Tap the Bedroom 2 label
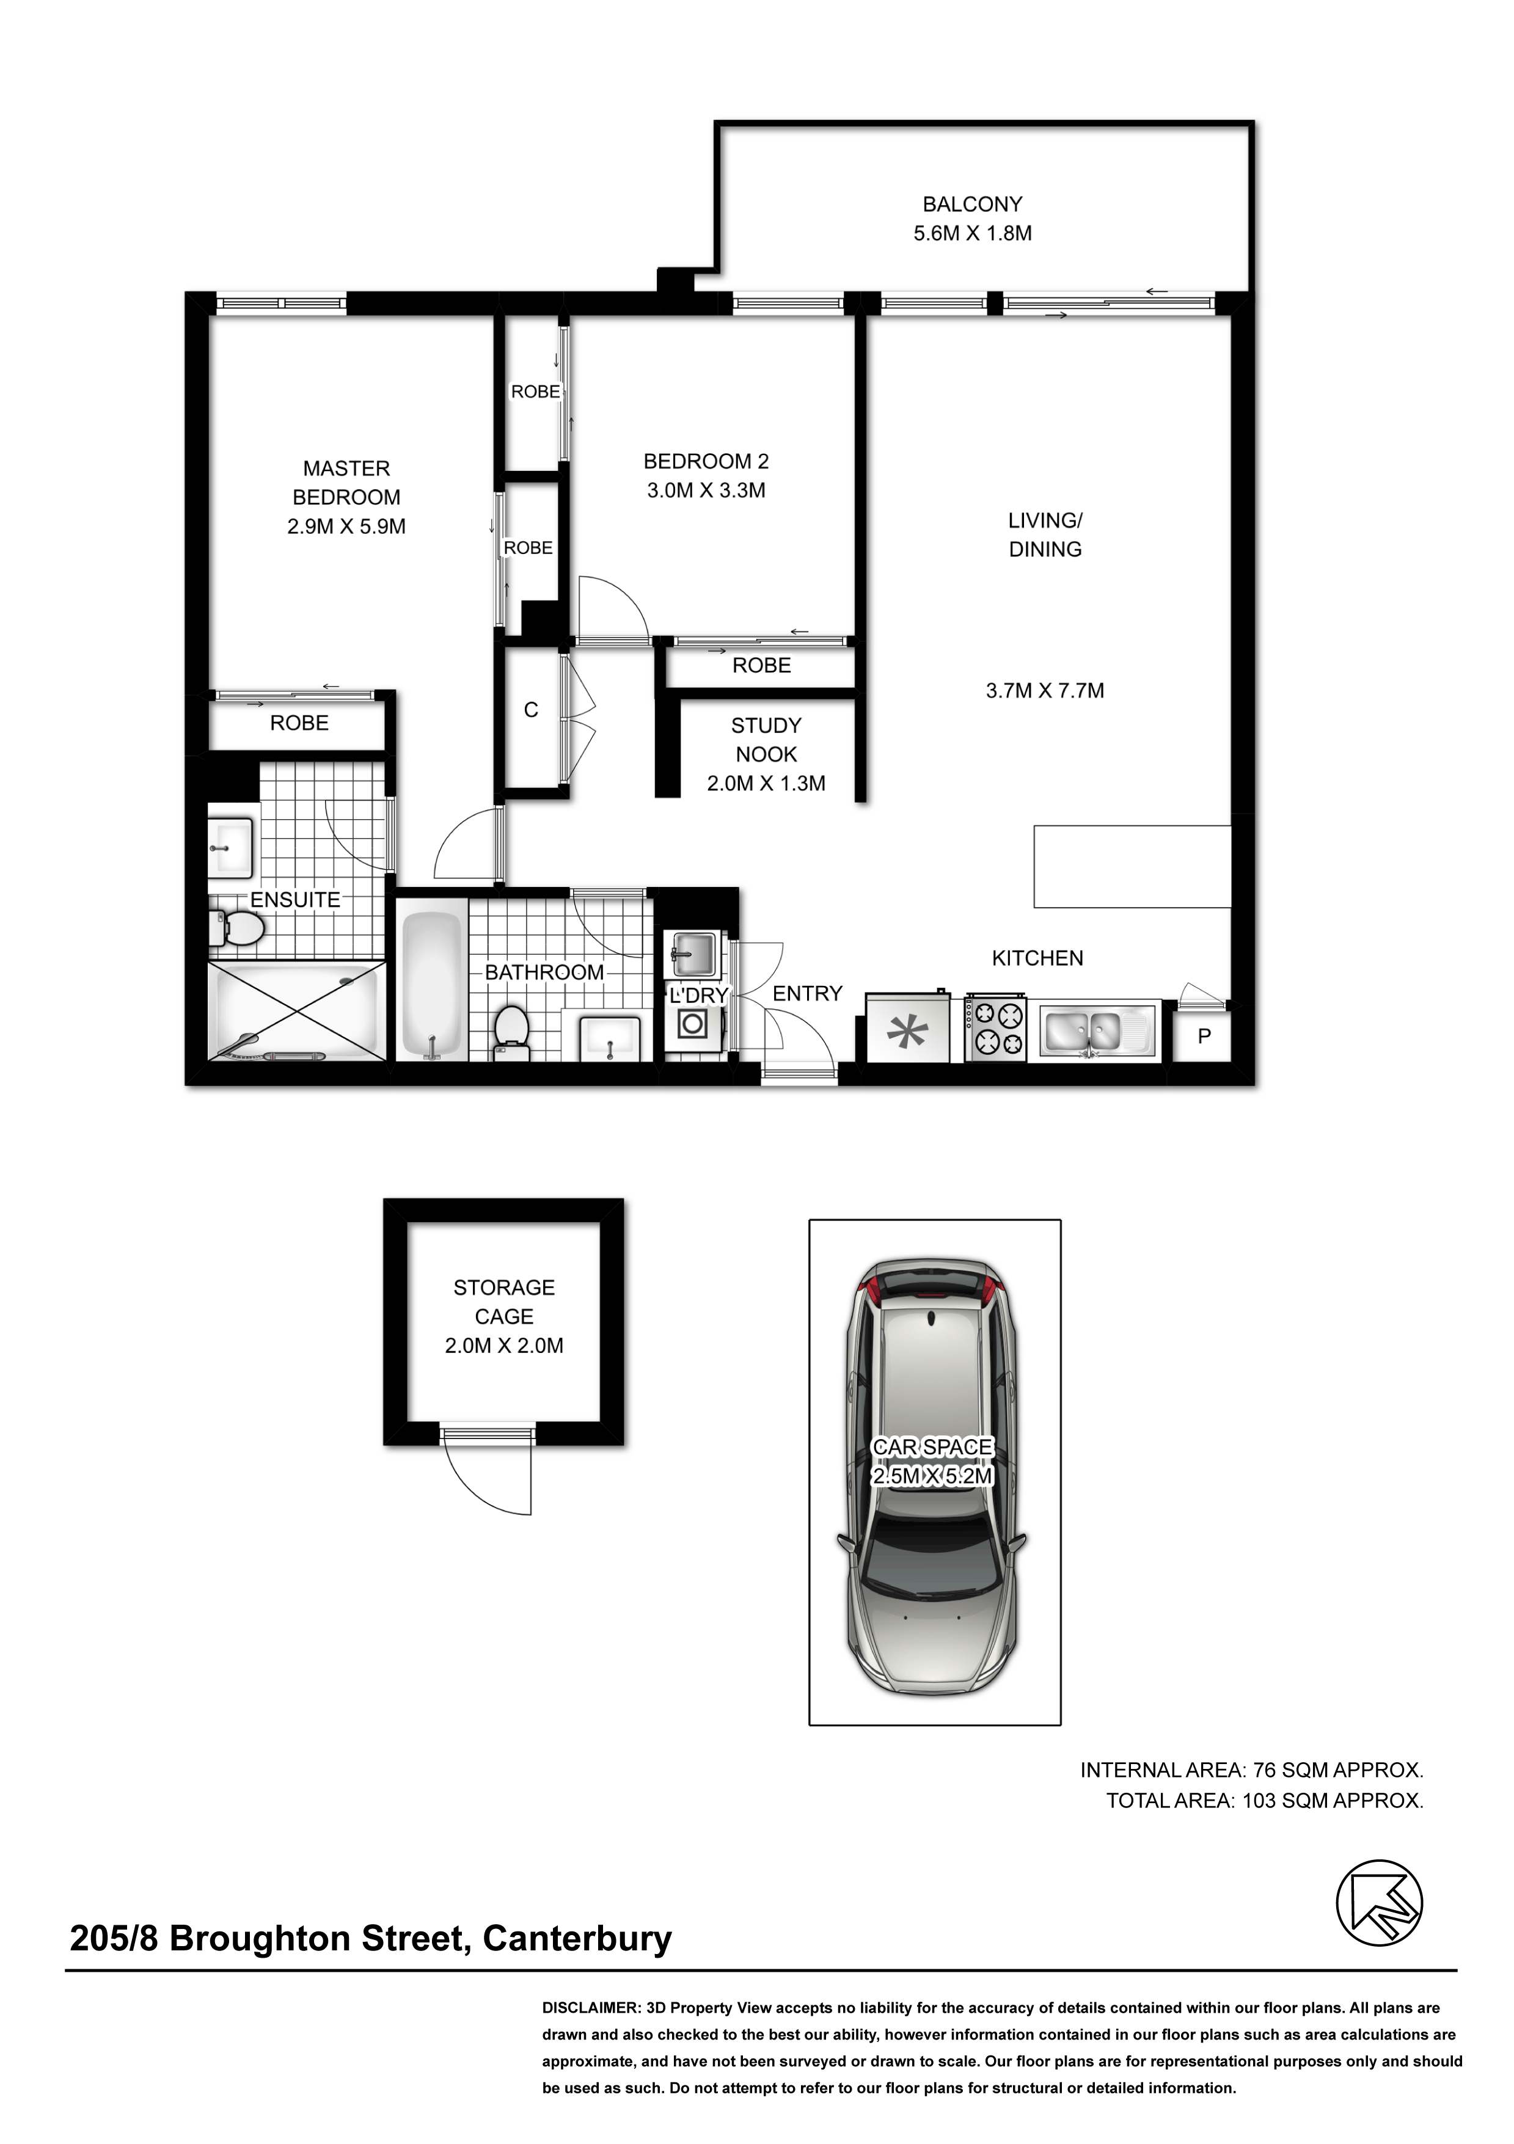706,461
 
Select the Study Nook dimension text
766,784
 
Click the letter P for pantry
1204,1035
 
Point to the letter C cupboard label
530,710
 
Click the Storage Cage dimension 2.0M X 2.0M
504,1346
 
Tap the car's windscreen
933,1555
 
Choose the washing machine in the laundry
692,1024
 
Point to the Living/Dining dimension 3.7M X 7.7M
1045,691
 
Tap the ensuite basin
230,847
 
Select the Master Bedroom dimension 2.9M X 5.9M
346,527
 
